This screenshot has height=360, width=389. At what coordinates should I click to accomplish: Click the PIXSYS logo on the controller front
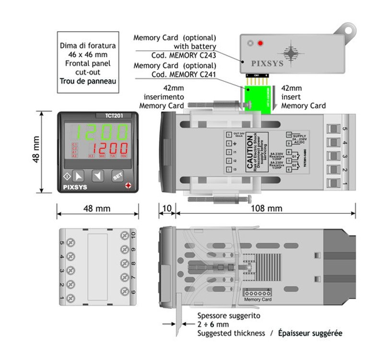tap(75, 188)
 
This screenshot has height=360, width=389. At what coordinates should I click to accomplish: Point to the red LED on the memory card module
tap(260, 44)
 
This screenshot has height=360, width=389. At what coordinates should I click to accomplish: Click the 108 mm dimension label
tap(267, 209)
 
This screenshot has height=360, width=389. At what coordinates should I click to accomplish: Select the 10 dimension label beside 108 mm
tap(166, 209)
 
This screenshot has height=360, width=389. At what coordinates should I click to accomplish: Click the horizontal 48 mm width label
tap(96, 209)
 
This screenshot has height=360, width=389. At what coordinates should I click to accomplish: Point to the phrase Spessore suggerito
tap(229, 316)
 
